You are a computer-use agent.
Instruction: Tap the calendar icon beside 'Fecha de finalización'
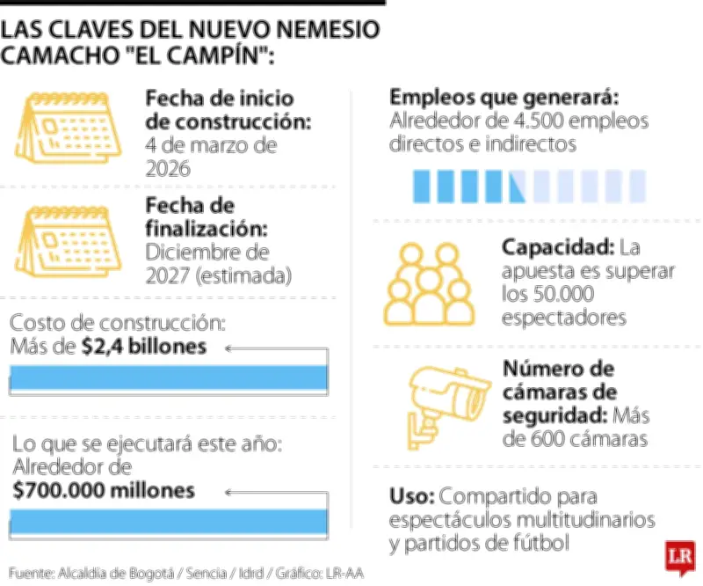tap(71, 238)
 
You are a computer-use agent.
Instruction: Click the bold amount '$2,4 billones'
tap(145, 347)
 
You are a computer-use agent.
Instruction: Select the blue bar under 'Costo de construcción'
tap(169, 377)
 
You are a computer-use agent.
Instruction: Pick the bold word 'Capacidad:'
tap(557, 247)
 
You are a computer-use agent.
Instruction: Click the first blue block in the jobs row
tap(421, 185)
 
